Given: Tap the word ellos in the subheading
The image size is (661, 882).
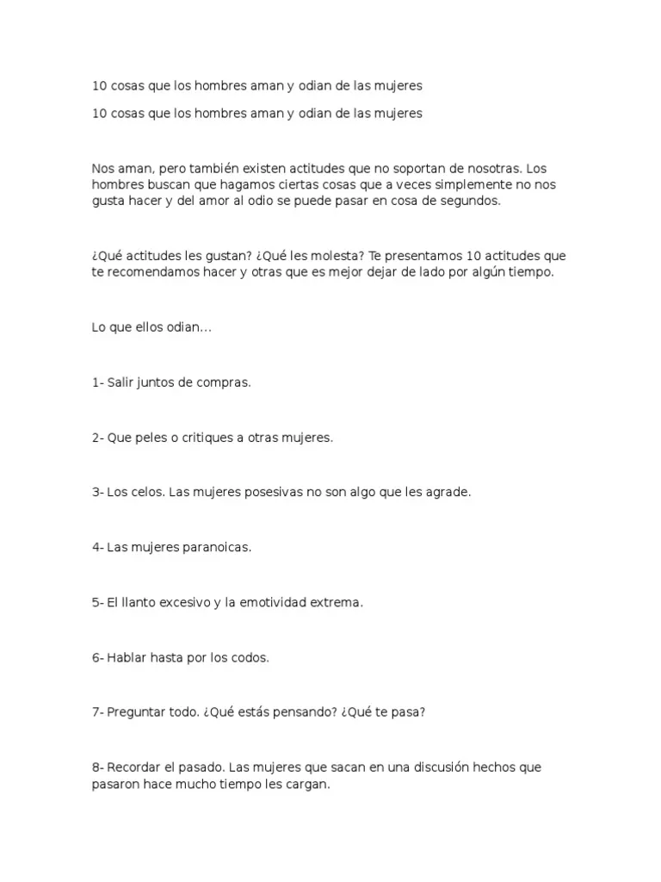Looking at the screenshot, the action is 145,327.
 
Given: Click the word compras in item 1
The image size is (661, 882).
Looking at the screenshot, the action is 223,382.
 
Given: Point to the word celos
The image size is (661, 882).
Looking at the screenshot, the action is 146,493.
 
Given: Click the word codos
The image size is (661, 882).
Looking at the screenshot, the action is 250,658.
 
